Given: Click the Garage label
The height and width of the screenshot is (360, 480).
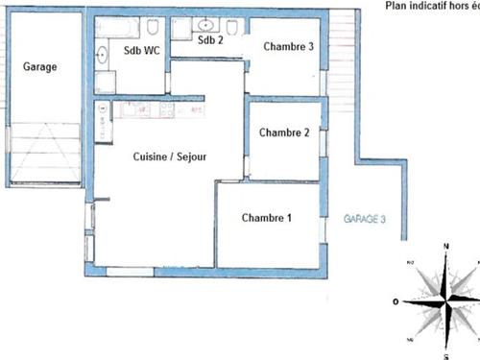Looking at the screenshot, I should pyautogui.click(x=39, y=67).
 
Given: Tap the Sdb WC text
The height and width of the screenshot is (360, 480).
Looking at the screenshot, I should pyautogui.click(x=142, y=53).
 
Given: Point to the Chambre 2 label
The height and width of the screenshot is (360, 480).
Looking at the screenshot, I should pyautogui.click(x=283, y=132).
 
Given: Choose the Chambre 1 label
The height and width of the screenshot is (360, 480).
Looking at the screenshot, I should pyautogui.click(x=266, y=218).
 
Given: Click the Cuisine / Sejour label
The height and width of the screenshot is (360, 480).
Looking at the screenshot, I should pyautogui.click(x=169, y=156).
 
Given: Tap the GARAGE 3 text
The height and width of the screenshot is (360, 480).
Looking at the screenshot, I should pyautogui.click(x=364, y=219).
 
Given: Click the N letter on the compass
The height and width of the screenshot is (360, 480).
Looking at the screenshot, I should pyautogui.click(x=446, y=247).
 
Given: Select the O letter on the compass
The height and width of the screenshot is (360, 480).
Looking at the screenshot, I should pyautogui.click(x=396, y=301).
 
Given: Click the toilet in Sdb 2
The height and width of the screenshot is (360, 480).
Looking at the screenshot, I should pyautogui.click(x=233, y=25).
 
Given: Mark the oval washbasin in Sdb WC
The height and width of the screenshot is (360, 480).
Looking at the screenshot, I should pyautogui.click(x=103, y=55).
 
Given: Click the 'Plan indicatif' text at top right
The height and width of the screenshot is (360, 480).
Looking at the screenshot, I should pyautogui.click(x=430, y=5).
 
